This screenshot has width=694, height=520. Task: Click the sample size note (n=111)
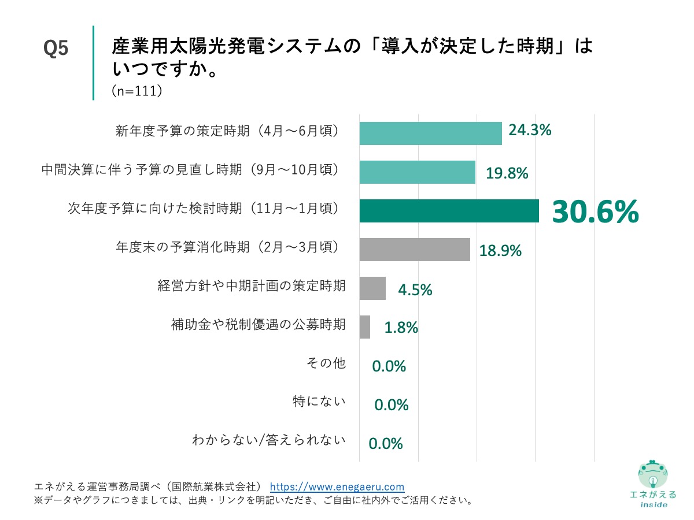(136, 91)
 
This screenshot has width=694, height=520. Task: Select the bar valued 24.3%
(430, 133)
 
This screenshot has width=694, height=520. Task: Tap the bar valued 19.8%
(417, 172)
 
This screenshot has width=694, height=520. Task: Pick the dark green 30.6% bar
(449, 211)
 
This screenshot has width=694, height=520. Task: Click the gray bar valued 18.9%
(415, 250)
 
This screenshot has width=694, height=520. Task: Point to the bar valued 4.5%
(372, 288)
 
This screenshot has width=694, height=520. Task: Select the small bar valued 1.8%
(365, 327)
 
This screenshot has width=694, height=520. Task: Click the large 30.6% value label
(595, 212)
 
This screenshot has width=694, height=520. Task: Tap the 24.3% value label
(530, 131)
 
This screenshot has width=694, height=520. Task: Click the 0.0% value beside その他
(389, 366)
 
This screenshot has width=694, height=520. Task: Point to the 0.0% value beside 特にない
(392, 405)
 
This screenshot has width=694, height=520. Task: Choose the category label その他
(326, 363)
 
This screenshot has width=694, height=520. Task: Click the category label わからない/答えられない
(269, 441)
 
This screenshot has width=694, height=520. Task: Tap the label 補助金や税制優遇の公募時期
(259, 324)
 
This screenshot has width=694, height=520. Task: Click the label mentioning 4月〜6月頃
(227, 131)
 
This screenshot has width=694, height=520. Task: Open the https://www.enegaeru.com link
(337, 486)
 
